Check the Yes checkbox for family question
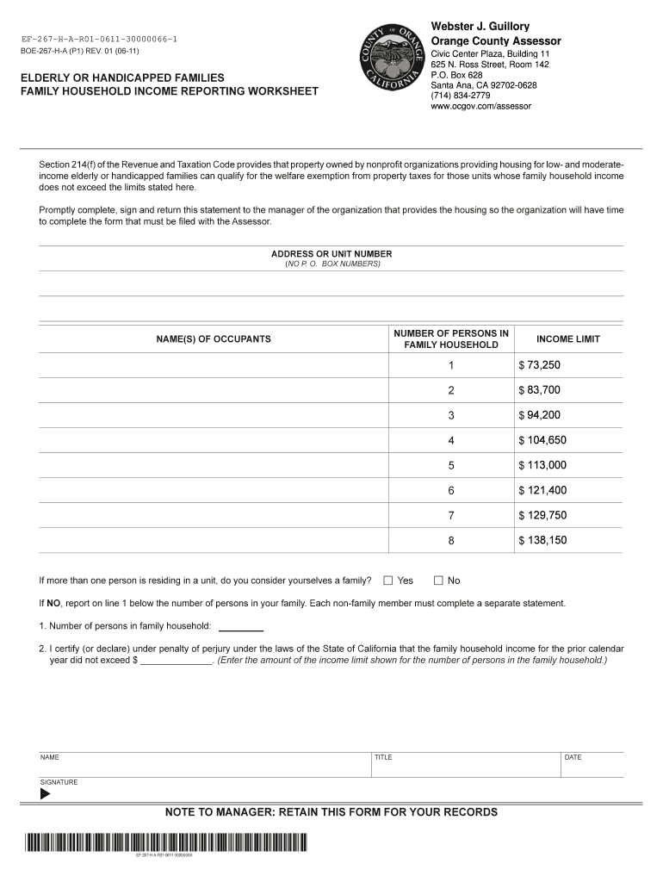(x=387, y=581)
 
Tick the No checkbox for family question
(x=438, y=581)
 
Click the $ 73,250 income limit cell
(x=539, y=365)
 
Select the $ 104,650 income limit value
(x=542, y=440)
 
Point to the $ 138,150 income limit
(x=542, y=540)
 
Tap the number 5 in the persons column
(x=450, y=465)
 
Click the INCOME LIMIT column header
(x=567, y=339)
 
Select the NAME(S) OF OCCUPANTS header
(x=214, y=339)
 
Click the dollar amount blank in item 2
(x=176, y=661)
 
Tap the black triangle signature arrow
(x=46, y=794)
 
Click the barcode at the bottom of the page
(x=164, y=842)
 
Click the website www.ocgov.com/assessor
(x=480, y=106)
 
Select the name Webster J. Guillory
(x=480, y=27)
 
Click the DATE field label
(x=573, y=758)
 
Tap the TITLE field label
(x=383, y=758)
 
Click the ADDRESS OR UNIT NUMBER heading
(x=331, y=254)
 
